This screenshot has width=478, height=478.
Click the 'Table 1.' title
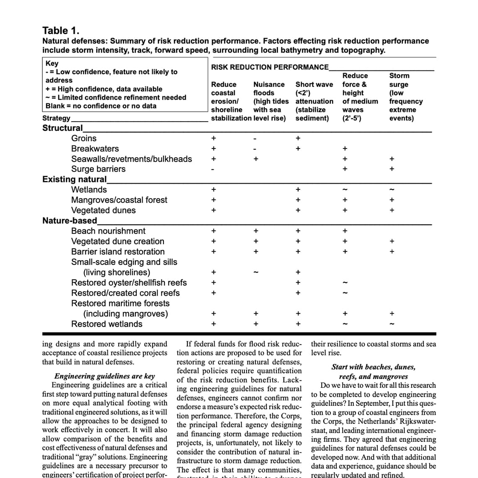(61, 31)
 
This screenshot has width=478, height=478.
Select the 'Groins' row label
(84, 138)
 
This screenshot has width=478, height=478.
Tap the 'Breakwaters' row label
(95, 149)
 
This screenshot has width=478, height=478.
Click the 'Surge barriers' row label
(98, 169)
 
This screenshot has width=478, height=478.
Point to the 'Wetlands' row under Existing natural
(89, 190)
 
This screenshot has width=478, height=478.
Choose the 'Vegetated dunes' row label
(103, 210)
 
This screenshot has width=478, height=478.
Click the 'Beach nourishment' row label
(108, 231)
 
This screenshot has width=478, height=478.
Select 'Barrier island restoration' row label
(118, 252)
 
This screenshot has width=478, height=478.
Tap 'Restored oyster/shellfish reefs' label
(129, 283)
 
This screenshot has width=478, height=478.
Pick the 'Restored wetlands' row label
(107, 324)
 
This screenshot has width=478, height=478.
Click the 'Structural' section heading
(62, 128)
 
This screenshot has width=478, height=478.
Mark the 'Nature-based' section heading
(70, 221)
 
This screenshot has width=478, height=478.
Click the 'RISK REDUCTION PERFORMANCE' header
(270, 67)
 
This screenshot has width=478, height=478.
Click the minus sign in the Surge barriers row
(213, 169)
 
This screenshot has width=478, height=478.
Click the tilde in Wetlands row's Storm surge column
(392, 190)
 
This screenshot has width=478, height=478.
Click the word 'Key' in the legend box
(52, 63)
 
